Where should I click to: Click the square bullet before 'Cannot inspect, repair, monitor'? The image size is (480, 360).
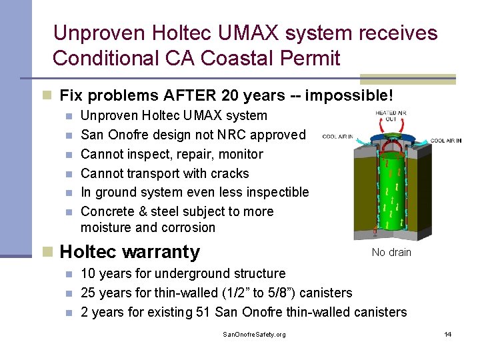pyautogui.click(x=70, y=155)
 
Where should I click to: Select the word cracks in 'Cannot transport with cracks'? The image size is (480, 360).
pyautogui.click(x=228, y=173)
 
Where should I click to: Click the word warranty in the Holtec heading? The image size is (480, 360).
pyautogui.click(x=167, y=252)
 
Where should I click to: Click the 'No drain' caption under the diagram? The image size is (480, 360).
pyautogui.click(x=391, y=252)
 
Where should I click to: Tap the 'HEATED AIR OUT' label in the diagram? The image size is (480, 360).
pyautogui.click(x=391, y=117)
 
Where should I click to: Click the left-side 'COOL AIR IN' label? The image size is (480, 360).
pyautogui.click(x=337, y=137)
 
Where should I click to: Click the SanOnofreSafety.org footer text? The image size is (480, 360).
pyautogui.click(x=254, y=334)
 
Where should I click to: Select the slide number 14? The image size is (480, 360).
pyautogui.click(x=448, y=334)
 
